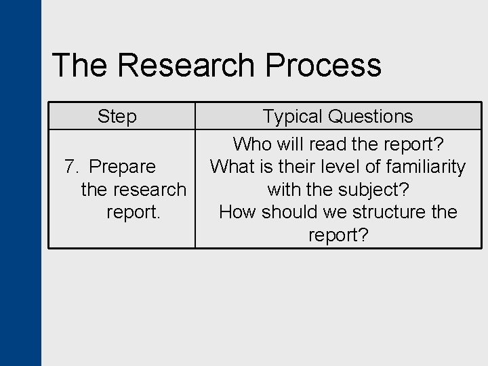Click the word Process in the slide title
(323, 66)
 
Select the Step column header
(117, 117)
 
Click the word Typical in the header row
(293, 117)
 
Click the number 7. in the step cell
(72, 167)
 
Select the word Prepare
(122, 167)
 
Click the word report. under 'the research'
(134, 212)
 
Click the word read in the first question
(327, 144)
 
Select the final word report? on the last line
(338, 235)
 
